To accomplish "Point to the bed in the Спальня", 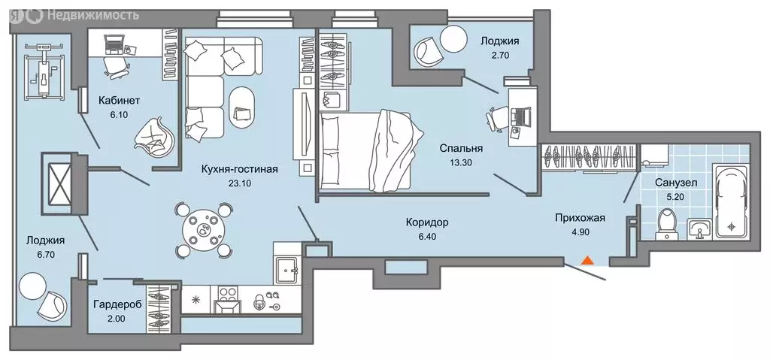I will click(368, 149).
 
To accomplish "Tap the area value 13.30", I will click(461, 163).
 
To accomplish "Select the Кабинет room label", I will click(120, 100).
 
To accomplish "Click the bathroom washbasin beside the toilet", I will click(700, 228).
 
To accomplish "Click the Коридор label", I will click(426, 222).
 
